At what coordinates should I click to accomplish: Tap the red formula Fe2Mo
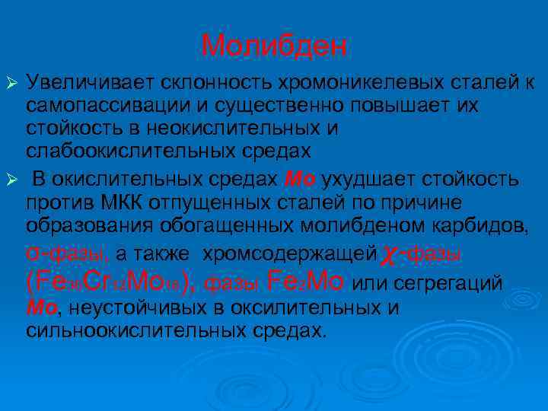(x=307, y=282)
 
